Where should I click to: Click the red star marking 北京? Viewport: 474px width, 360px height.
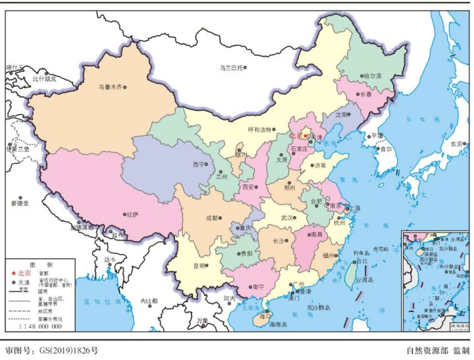coord(305,136)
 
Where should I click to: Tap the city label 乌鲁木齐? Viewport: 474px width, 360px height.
coord(109,87)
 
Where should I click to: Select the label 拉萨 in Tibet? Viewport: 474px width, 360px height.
coord(132,215)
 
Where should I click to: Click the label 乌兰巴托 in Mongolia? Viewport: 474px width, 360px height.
coord(231,67)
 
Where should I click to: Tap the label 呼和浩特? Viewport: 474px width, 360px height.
coord(259,129)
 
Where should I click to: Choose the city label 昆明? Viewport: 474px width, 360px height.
coord(199,266)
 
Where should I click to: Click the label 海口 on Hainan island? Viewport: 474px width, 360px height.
coord(265,316)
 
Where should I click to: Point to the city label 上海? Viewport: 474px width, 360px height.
coord(354,208)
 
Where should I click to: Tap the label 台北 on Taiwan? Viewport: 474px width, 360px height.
coord(361,261)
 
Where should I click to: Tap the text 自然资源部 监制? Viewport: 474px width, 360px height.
coord(438,351)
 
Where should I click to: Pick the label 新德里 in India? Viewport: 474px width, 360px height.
coord(19,203)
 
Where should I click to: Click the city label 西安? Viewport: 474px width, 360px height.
coord(249,187)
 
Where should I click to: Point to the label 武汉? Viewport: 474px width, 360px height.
coord(288,218)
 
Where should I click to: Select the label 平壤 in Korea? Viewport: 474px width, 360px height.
coord(377,136)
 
